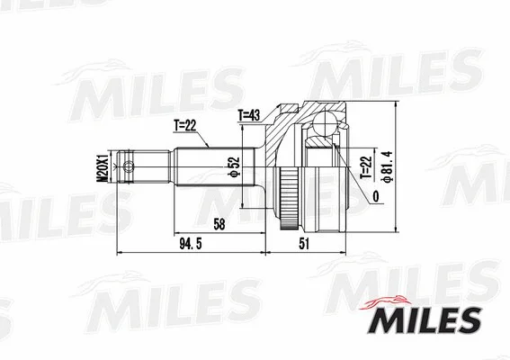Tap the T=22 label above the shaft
tap(185, 126)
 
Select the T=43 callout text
tap(250, 115)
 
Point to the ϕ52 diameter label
tap(232, 167)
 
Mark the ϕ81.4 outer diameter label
tap(387, 166)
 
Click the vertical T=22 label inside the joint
tap(364, 168)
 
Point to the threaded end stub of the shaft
tap(135, 166)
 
